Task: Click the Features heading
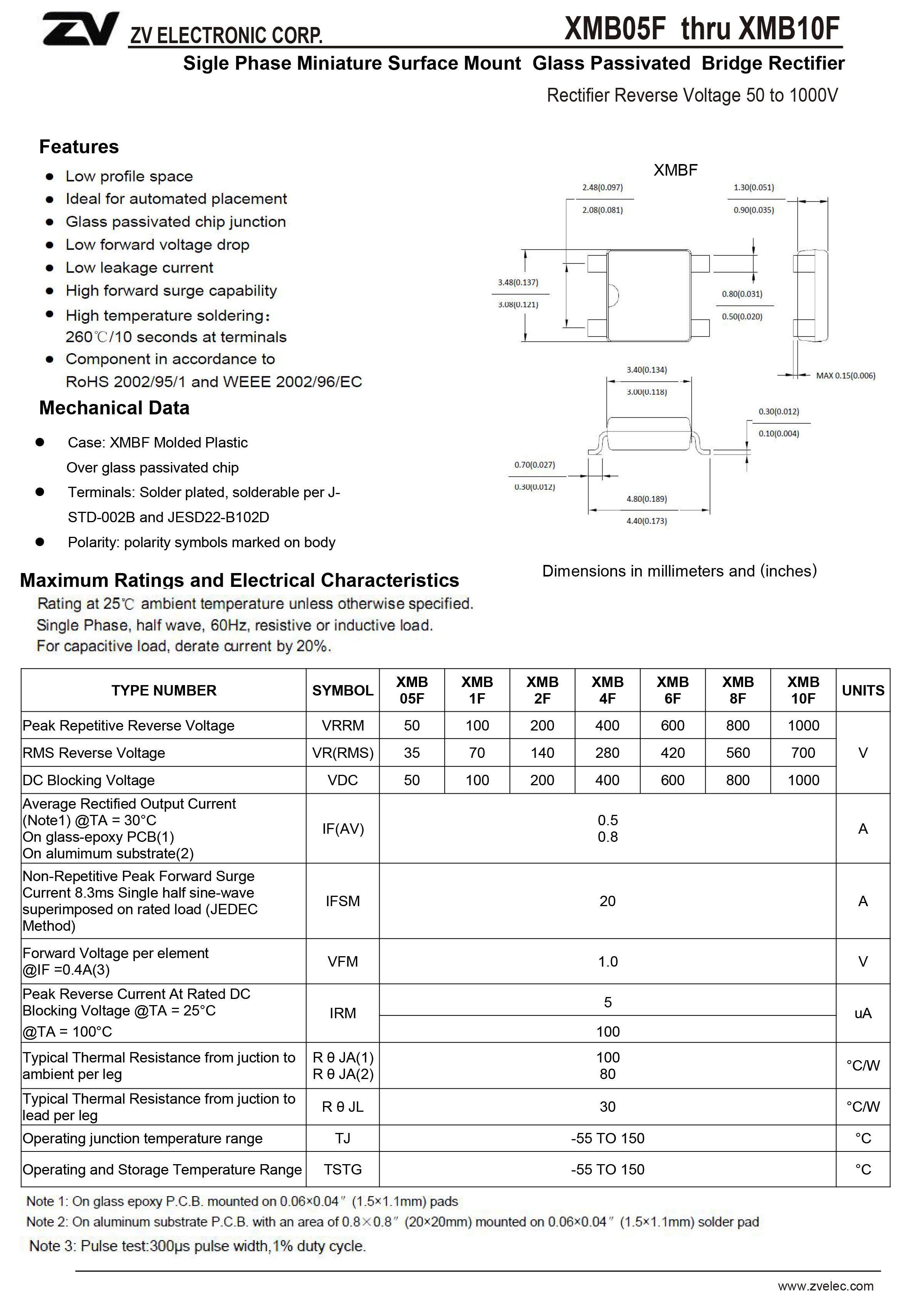(79, 147)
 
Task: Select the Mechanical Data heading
(114, 408)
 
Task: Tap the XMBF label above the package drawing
(675, 170)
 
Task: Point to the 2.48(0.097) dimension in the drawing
(602, 188)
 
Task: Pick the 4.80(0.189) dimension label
(647, 499)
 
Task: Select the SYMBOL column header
(343, 690)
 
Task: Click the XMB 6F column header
(673, 690)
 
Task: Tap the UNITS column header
(863, 690)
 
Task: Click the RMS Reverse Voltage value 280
(607, 753)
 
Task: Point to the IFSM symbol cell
(343, 901)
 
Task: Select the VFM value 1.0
(607, 962)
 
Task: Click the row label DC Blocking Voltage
(89, 780)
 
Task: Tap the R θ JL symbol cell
(343, 1107)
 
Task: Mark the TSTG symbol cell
(343, 1169)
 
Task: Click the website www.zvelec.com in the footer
(825, 1286)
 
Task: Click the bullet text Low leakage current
(139, 268)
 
